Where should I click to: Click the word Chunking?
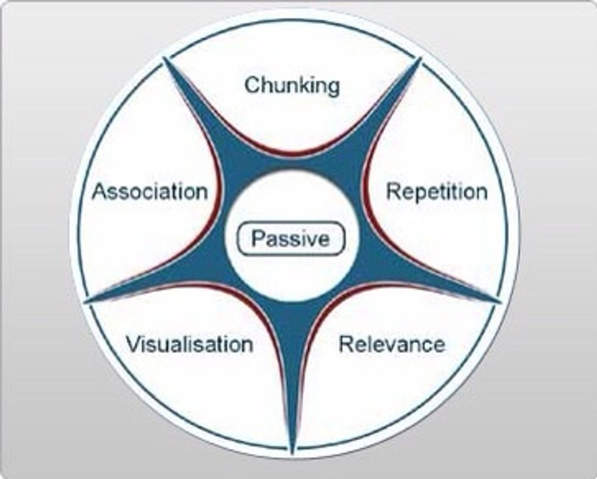click(x=292, y=85)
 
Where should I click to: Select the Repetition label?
click(x=437, y=192)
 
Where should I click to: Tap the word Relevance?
click(x=392, y=344)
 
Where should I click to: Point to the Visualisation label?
click(x=189, y=344)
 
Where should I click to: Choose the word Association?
click(x=149, y=192)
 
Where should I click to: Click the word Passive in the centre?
click(x=291, y=238)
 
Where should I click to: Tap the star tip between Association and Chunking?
click(x=166, y=61)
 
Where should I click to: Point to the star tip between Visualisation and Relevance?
click(x=292, y=450)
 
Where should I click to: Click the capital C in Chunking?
click(x=252, y=85)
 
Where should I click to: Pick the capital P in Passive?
click(x=258, y=238)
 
